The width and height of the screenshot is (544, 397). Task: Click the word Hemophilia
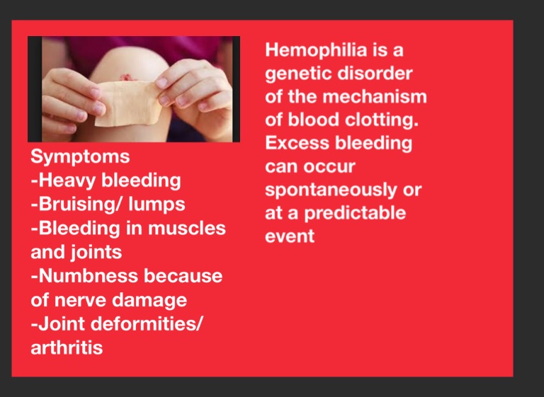[x=317, y=50]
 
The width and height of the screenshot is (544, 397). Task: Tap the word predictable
[x=355, y=214]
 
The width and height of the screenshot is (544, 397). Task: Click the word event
[x=290, y=236]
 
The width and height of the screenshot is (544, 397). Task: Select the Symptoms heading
[x=80, y=157]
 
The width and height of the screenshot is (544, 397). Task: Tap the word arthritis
[x=67, y=347]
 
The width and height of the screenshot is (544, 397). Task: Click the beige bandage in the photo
[x=128, y=103]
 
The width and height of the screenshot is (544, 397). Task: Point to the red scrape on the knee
[x=126, y=77]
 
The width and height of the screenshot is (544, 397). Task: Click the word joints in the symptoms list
[x=96, y=253]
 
